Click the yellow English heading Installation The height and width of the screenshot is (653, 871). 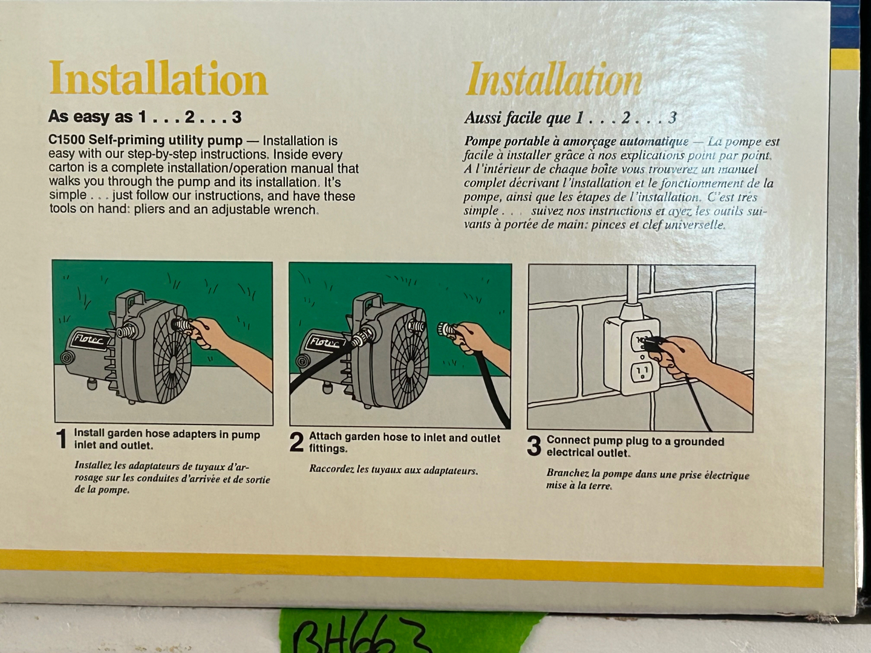pyautogui.click(x=158, y=78)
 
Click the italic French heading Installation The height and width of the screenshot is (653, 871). pyautogui.click(x=554, y=79)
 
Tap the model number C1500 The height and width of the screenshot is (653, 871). pyautogui.click(x=66, y=141)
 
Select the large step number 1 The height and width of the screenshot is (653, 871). pyautogui.click(x=62, y=439)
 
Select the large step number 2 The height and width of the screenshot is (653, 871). pyautogui.click(x=296, y=442)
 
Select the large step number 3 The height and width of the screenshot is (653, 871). pyautogui.click(x=534, y=446)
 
